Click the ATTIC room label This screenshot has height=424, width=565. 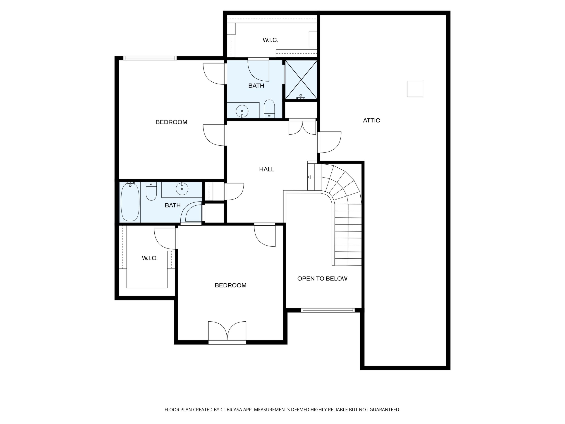pyautogui.click(x=371, y=120)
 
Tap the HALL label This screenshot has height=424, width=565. pyautogui.click(x=267, y=169)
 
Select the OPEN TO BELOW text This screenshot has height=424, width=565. pyautogui.click(x=322, y=279)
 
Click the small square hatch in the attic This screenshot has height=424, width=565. pyautogui.click(x=415, y=89)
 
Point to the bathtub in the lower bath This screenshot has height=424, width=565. pyautogui.click(x=130, y=202)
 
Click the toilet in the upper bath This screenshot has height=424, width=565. pyautogui.click(x=269, y=109)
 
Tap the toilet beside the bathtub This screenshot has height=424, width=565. pyautogui.click(x=151, y=191)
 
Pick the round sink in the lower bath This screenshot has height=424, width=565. pyautogui.click(x=182, y=189)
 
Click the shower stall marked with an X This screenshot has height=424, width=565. pyautogui.click(x=301, y=80)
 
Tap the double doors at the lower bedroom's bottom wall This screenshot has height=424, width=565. pyautogui.click(x=227, y=332)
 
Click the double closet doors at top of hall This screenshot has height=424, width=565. pyautogui.click(x=302, y=127)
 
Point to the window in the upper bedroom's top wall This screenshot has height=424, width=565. pyautogui.click(x=150, y=58)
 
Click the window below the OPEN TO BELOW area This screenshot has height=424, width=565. pyautogui.click(x=328, y=310)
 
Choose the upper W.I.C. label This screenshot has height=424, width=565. pyautogui.click(x=271, y=40)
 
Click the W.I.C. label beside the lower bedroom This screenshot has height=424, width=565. pyautogui.click(x=150, y=258)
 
